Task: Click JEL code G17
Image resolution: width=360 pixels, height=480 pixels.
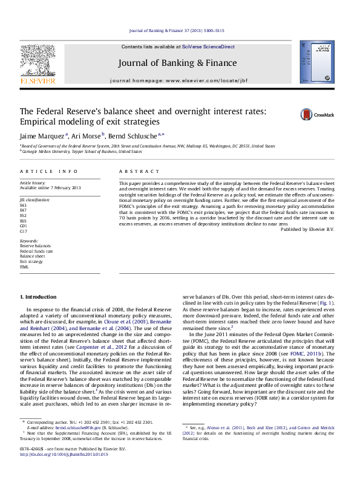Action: click(24, 231)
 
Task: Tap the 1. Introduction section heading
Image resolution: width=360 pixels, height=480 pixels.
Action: click(39, 297)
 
